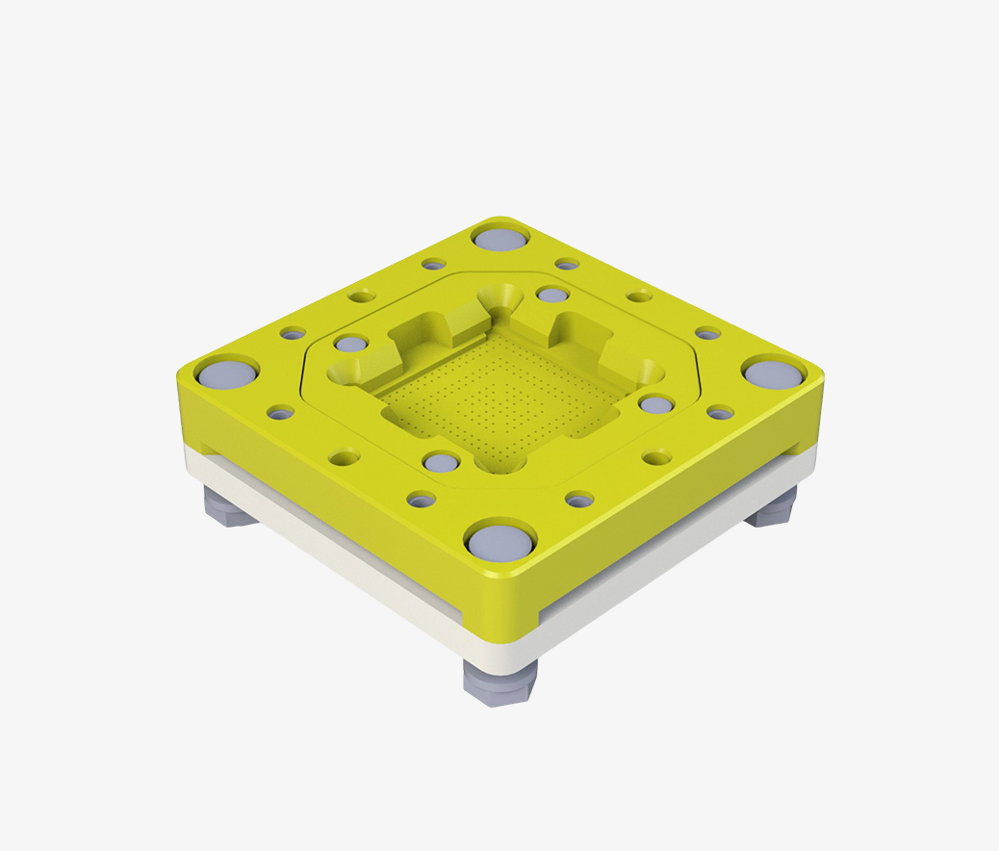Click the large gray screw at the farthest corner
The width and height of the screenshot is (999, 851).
[x=500, y=237]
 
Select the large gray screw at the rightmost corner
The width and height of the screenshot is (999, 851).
[x=773, y=373]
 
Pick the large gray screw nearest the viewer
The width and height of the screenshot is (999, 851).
[x=499, y=541]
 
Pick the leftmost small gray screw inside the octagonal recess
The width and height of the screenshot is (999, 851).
[x=351, y=344]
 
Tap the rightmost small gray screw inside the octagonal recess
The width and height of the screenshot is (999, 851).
[x=655, y=404]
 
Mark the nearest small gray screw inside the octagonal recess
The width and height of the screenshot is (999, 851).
[x=441, y=463]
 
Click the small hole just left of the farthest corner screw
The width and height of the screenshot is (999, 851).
[x=434, y=264]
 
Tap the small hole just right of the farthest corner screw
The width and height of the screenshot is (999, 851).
[x=567, y=264]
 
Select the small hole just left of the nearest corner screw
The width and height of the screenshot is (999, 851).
[x=421, y=499]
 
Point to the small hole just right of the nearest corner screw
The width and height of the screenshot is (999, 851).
[x=579, y=500]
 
